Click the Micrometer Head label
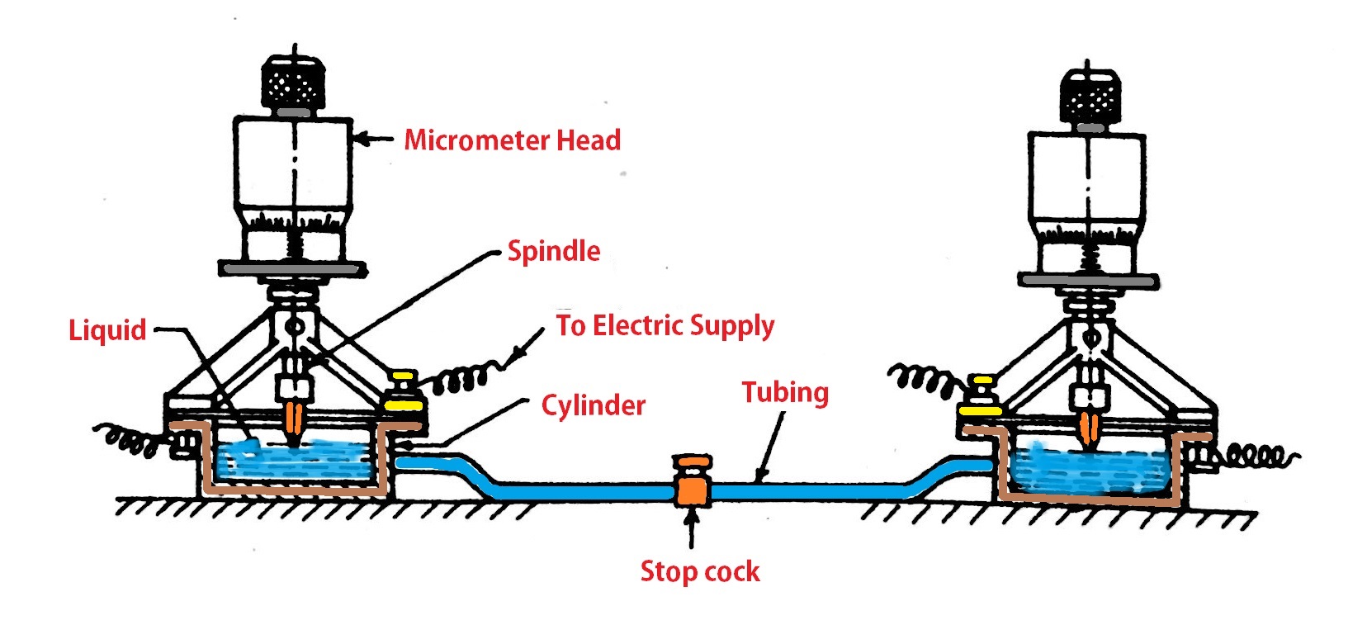pos(512,140)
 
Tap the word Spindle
pos(553,251)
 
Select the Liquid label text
pos(106,330)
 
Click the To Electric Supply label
pos(665,326)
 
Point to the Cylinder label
pos(593,405)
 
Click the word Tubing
pos(784,392)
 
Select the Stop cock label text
pos(699,571)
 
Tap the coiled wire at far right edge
pos(1255,455)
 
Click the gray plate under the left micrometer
pos(292,269)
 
